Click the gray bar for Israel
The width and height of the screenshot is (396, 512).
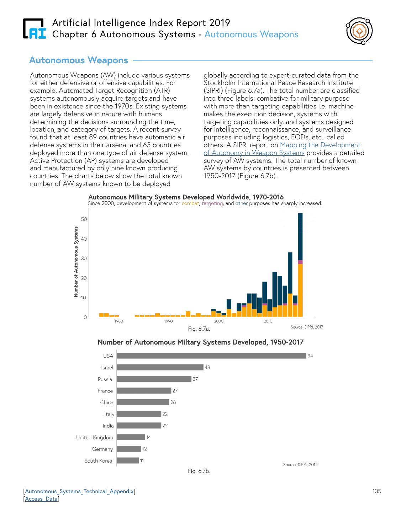[160, 367]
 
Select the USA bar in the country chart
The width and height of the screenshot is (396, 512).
[211, 356]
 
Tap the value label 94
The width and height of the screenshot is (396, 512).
[310, 356]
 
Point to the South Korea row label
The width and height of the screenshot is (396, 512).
[98, 460]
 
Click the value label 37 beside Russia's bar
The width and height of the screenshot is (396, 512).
[195, 379]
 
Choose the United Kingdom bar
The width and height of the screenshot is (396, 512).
[131, 437]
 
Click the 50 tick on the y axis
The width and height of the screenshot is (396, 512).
[84, 219]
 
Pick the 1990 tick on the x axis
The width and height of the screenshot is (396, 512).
[168, 321]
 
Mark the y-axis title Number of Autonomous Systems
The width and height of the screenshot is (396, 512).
[76, 262]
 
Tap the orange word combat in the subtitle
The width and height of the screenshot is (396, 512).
[190, 203]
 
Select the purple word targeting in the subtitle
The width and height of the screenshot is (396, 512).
[212, 203]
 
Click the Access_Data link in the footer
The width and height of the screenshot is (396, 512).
[41, 499]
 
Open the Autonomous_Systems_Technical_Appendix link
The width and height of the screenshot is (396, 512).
[79, 491]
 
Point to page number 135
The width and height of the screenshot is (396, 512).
[377, 491]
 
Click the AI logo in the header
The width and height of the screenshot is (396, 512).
[35, 28]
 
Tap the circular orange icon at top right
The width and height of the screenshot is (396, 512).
[359, 31]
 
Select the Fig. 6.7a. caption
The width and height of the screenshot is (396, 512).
[199, 329]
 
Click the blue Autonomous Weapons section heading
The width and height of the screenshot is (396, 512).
[79, 60]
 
